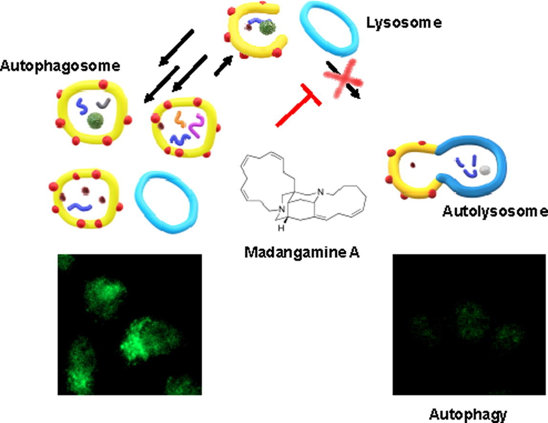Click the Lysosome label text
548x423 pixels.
(403, 23)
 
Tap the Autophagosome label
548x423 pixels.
(60, 66)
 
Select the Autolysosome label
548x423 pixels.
(495, 211)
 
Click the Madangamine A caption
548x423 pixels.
(302, 252)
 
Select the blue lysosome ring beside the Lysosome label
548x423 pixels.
(329, 29)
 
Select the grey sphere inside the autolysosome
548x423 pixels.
(485, 169)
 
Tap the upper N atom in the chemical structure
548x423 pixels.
(321, 192)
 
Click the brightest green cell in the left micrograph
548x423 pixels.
(138, 339)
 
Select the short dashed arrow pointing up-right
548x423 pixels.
(223, 65)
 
